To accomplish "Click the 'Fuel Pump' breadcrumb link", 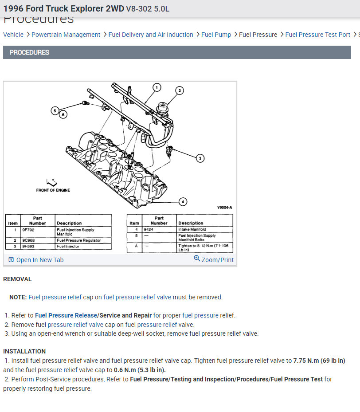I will [x=216, y=35].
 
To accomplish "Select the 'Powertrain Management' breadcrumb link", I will [x=66, y=35].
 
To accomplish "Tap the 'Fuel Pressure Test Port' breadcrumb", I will [x=317, y=35].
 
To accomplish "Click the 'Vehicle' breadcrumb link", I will [x=13, y=35].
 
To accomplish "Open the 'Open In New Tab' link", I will [x=39, y=260].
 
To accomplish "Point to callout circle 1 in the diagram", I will [x=157, y=87].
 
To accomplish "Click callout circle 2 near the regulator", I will [x=179, y=90].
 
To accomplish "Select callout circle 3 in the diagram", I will [x=200, y=158].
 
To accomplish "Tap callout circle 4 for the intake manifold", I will [x=183, y=202].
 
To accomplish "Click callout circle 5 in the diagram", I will [x=55, y=110].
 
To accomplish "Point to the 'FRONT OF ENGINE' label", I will [x=53, y=190].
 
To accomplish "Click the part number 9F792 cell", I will [x=28, y=230].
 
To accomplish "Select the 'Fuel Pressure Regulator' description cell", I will [x=78, y=240].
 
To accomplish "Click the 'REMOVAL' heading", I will [x=17, y=279].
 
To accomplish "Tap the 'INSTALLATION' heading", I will [x=24, y=351].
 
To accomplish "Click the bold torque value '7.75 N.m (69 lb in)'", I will [x=319, y=361].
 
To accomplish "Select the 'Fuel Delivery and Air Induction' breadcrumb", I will [x=151, y=35].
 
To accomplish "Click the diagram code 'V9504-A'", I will [x=224, y=207].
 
